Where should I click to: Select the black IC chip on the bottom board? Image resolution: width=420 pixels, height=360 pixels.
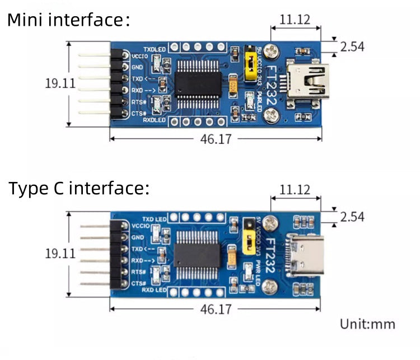198,255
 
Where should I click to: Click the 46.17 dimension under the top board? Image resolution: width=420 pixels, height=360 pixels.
216,139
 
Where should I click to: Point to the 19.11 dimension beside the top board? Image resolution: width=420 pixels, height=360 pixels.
60,83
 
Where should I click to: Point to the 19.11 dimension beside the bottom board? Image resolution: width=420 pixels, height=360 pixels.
60,253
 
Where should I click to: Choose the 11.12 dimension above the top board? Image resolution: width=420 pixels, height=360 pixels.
295,20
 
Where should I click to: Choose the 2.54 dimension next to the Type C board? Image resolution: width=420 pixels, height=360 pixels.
352,217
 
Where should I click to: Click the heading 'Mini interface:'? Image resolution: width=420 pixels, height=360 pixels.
68,21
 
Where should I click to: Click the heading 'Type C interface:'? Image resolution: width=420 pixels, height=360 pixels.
79,188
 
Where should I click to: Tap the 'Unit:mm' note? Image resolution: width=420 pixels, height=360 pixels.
367,324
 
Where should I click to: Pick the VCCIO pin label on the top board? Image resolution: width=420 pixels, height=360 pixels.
139,56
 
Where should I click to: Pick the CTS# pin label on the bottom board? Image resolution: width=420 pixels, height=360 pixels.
138,284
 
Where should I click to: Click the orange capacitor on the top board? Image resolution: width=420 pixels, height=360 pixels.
233,86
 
